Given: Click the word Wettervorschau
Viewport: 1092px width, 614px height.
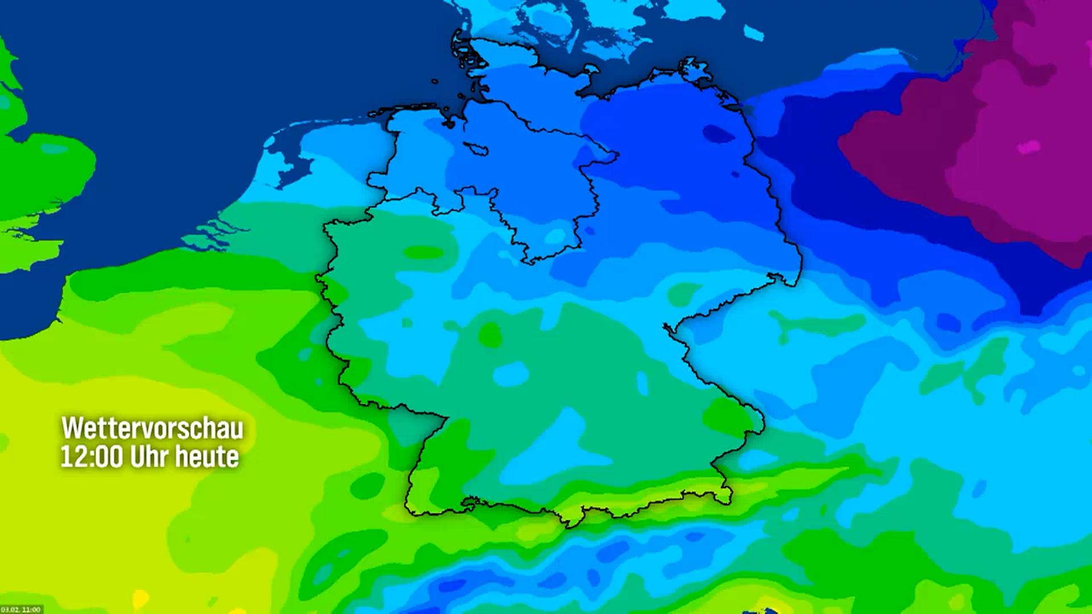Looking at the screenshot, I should pos(152,428).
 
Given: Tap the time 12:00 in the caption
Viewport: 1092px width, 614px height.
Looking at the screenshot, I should pos(92,457).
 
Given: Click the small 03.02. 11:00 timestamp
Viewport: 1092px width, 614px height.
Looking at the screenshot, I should pos(22,609).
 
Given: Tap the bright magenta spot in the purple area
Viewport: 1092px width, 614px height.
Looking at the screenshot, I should pos(1028,147).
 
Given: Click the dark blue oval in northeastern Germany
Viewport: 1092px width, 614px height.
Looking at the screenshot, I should pos(718,134).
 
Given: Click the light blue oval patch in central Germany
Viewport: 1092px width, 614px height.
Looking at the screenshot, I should pos(511,374).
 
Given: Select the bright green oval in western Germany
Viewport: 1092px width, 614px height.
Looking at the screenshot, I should pos(424,252).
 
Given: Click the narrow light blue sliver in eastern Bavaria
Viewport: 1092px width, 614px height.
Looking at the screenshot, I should pos(642,383).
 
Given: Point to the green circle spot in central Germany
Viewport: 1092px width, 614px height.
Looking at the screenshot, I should pos(490,335).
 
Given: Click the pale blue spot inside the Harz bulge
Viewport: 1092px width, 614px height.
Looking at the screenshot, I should pos(552,237).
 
